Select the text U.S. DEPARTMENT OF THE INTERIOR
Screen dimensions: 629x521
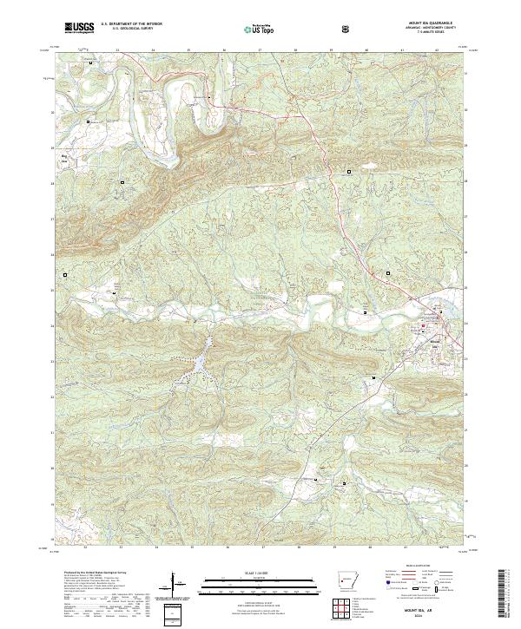pos(130,24)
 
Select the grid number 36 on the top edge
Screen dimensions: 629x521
pos(224,50)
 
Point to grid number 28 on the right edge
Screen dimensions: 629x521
pos(470,181)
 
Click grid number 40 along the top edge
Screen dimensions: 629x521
pos(366,50)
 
